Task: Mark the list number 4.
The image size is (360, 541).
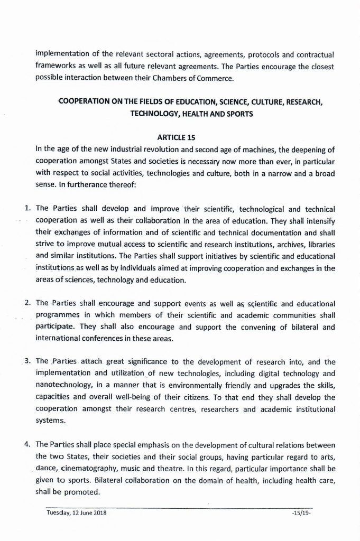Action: point(27,443)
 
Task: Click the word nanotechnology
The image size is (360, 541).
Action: point(67,386)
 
